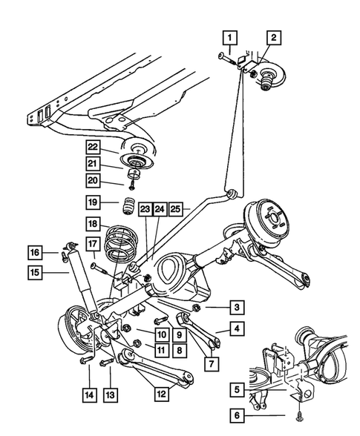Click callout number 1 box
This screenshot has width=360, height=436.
pos(230,37)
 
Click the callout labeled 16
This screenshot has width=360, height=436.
pos(36,252)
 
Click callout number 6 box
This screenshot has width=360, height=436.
pos(235,417)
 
